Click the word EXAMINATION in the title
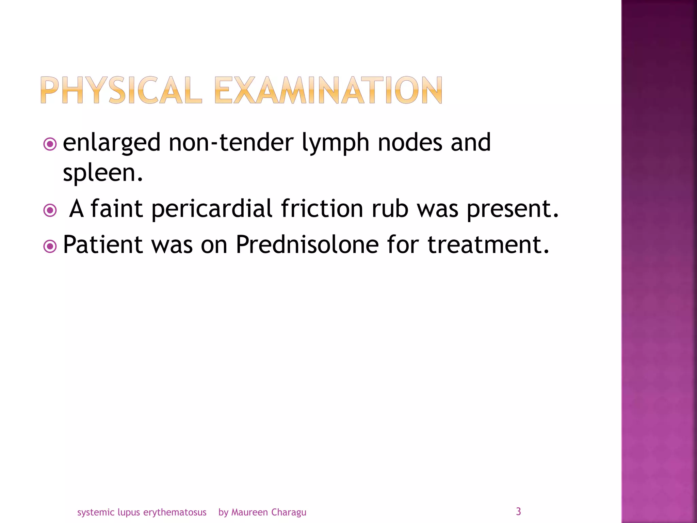tap(328, 90)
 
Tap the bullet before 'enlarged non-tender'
tap(50, 144)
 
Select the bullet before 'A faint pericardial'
tap(50, 210)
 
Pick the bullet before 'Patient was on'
tap(50, 246)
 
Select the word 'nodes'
tap(410, 142)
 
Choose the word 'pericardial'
tap(212, 209)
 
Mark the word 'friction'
tap(322, 208)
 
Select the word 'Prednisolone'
tap(307, 244)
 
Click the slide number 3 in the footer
tap(518, 511)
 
